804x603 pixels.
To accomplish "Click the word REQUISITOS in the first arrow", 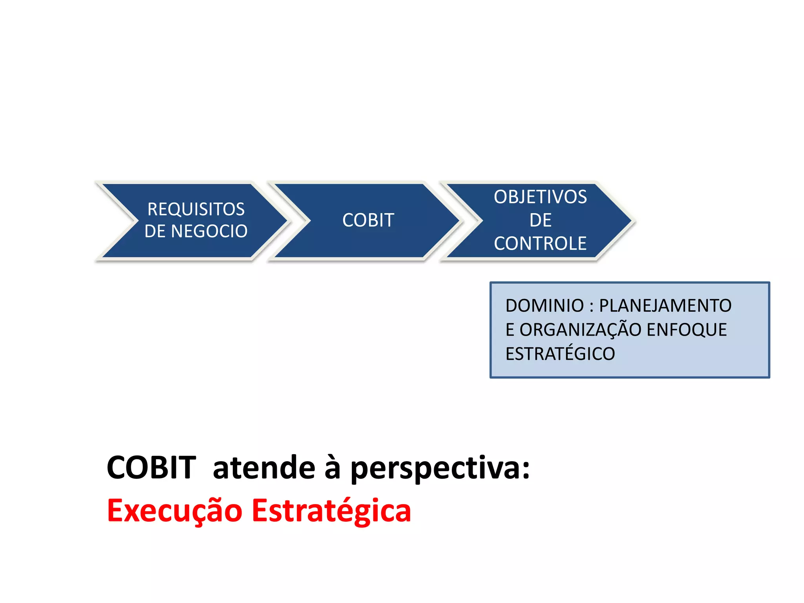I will (x=196, y=209).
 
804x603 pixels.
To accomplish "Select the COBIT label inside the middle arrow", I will (x=368, y=220).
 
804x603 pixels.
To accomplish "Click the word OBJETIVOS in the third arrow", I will (x=540, y=197).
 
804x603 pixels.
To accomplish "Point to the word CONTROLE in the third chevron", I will (x=540, y=243).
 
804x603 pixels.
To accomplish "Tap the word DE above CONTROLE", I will (x=540, y=220).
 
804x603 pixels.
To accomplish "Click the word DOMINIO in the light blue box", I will (x=545, y=306).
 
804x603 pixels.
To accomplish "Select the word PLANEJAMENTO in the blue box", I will (x=665, y=306).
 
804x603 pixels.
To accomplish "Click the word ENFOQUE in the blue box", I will (x=687, y=330).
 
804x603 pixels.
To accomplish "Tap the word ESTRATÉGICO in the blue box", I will (x=560, y=354).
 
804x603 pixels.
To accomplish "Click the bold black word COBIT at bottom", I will (x=151, y=468).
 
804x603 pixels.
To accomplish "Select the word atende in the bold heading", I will (x=264, y=468).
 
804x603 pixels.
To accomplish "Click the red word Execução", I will (x=175, y=511).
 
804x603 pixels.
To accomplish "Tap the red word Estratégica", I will (x=331, y=511).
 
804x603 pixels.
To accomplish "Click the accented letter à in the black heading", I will (x=332, y=468).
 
